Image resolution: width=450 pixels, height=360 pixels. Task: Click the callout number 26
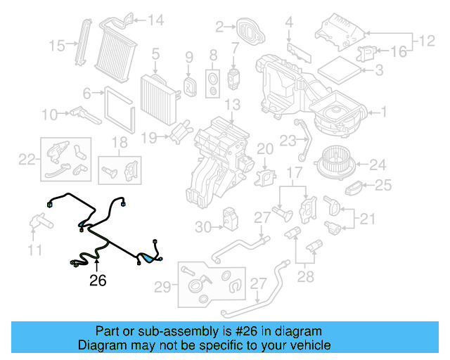pyautogui.click(x=97, y=281)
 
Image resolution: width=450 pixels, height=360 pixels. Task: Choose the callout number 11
pyautogui.click(x=35, y=249)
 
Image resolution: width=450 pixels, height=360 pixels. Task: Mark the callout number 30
pyautogui.click(x=203, y=226)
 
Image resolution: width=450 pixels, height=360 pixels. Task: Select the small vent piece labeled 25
pyautogui.click(x=356, y=188)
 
